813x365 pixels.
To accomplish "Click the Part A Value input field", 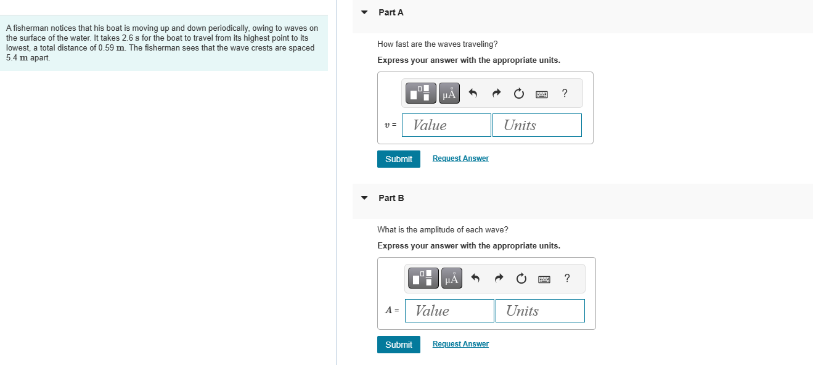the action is [446, 125].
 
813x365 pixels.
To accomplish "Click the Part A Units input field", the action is [537, 125].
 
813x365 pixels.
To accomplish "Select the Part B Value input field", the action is [449, 311].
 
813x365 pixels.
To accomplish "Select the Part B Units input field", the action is [540, 311].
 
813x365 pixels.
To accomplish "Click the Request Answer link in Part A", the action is [460, 158].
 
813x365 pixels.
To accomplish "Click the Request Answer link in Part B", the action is [460, 344].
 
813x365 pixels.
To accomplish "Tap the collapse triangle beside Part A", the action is [364, 12].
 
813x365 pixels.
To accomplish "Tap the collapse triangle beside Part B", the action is [364, 198].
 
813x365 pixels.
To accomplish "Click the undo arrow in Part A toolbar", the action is [473, 93].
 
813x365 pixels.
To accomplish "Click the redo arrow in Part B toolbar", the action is [499, 279].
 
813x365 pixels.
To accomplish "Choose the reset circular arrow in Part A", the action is [519, 93].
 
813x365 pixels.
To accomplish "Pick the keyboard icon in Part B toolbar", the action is [544, 279].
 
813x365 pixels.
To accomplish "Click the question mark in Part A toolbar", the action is [565, 93].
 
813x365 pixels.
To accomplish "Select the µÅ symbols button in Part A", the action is [449, 93].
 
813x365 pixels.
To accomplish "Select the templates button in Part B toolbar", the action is [423, 278].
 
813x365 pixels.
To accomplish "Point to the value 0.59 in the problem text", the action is [107, 48].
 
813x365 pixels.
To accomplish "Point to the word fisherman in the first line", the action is [30, 28].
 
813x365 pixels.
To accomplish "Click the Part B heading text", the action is [391, 198].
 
